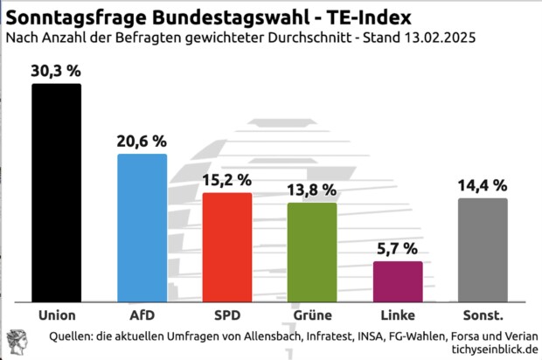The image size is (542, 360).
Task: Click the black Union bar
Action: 57,192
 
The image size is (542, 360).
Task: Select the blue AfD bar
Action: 142,227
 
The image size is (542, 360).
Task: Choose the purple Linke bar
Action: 398,280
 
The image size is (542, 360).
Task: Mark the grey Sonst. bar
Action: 483,249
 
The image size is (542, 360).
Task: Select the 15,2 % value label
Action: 227,180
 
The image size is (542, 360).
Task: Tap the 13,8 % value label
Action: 312,190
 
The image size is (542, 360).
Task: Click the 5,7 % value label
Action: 398,249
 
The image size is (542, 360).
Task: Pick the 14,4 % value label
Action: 483,185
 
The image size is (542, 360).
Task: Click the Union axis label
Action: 57,315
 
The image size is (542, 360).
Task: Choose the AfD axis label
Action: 142,315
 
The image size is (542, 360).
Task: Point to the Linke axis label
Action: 398,315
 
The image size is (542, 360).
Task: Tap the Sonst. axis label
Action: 483,315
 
